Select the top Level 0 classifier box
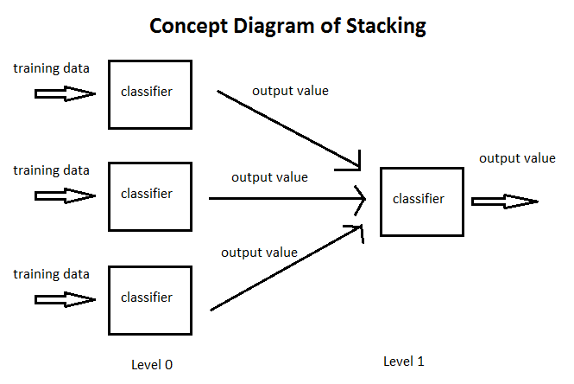coord(149,93)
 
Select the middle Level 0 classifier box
coord(149,195)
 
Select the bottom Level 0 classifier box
coord(149,299)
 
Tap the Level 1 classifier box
coord(418,200)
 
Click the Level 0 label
coord(152,364)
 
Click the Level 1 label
coord(404,361)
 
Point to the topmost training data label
coord(51,67)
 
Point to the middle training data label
coord(51,170)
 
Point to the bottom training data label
coord(51,274)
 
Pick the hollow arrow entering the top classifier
coord(65,93)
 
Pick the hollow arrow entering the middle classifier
coord(65,196)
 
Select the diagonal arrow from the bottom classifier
coord(285,268)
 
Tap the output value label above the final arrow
coord(517,158)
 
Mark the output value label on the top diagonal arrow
coord(290,90)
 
